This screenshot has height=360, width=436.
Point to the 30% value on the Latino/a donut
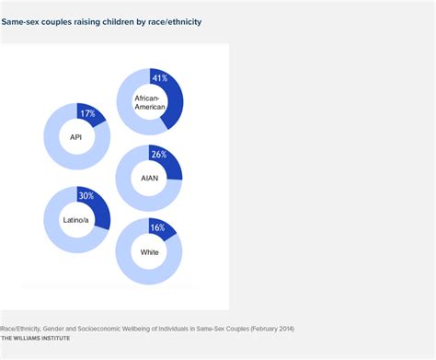87,196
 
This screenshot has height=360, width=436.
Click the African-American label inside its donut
150,101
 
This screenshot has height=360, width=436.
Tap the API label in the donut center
76,137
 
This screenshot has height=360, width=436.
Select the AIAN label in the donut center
149,178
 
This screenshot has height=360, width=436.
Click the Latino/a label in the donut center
76,220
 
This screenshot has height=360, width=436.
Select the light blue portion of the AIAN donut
129,195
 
